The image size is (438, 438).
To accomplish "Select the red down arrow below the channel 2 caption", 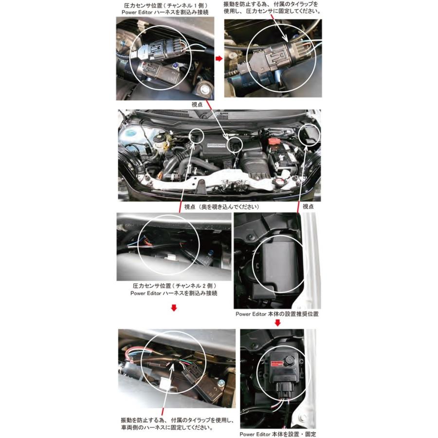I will (x=174, y=308).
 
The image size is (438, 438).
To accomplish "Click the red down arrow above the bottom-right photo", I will (x=277, y=323).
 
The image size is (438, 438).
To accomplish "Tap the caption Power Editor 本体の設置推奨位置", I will (x=277, y=314).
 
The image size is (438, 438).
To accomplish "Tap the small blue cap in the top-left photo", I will (x=174, y=65).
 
